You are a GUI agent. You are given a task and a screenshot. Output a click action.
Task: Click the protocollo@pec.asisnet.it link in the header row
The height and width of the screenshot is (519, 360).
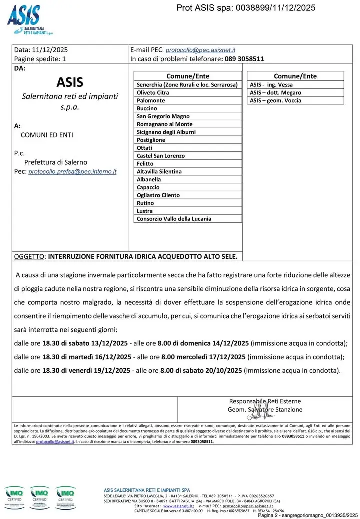click(200, 50)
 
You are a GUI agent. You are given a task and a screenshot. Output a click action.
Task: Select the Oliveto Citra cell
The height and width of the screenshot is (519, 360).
click(153, 93)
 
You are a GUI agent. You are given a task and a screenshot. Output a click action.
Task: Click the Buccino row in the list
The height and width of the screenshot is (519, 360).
click(147, 108)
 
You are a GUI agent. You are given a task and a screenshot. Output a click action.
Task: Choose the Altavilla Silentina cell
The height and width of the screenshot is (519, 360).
click(159, 172)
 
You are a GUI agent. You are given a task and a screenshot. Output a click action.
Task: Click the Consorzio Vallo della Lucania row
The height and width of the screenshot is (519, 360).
click(174, 219)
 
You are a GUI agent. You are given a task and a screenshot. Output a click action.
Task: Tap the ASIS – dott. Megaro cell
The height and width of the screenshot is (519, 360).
click(275, 93)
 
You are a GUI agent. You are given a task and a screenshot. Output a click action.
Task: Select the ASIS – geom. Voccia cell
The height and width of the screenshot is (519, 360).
click(275, 101)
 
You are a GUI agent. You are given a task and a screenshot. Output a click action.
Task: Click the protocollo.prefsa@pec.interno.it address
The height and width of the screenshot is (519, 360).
click(72, 171)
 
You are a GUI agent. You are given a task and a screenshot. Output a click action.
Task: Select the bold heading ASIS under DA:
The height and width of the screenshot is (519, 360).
click(70, 82)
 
